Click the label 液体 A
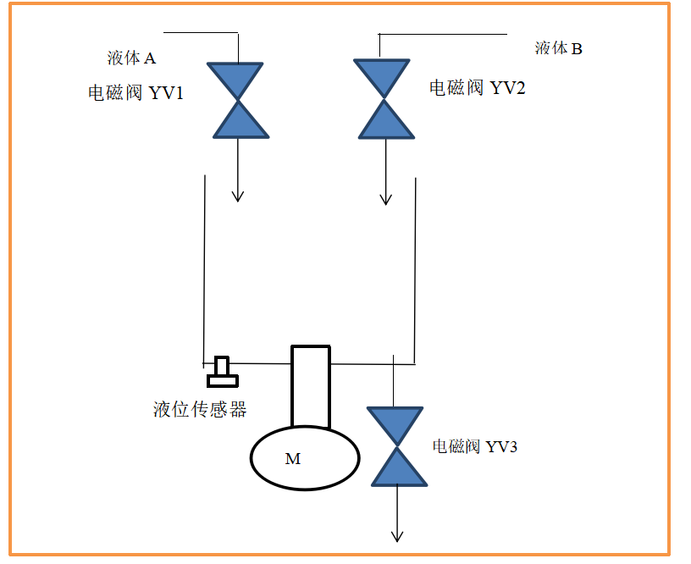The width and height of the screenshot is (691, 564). point(131,58)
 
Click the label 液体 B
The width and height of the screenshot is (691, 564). point(558,48)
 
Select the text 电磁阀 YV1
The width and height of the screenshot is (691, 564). point(136,93)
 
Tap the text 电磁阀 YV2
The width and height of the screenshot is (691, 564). point(477,87)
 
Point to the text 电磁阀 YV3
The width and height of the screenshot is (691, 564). point(474,446)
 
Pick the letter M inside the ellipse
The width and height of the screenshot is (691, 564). point(292,459)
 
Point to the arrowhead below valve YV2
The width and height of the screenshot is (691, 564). point(386,199)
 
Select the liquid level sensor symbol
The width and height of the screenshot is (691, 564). point(223,372)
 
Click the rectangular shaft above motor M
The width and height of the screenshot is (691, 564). point(310,385)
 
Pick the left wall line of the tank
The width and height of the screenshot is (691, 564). point(204,267)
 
